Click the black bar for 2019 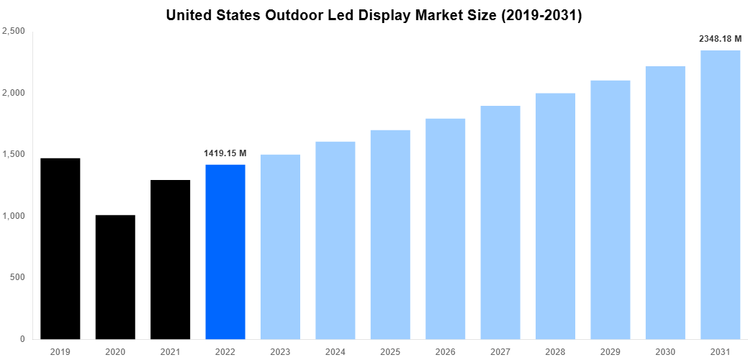pos(60,248)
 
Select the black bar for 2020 pos(115,277)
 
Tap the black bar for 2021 pos(171,259)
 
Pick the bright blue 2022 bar pos(225,252)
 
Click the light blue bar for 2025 pos(390,234)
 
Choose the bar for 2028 pos(555,216)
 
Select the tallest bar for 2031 pos(720,194)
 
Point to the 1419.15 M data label pos(226,153)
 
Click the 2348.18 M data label pos(720,39)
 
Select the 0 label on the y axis pos(23,339)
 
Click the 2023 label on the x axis pos(281,351)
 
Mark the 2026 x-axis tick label pos(445,351)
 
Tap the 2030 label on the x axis pos(665,351)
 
